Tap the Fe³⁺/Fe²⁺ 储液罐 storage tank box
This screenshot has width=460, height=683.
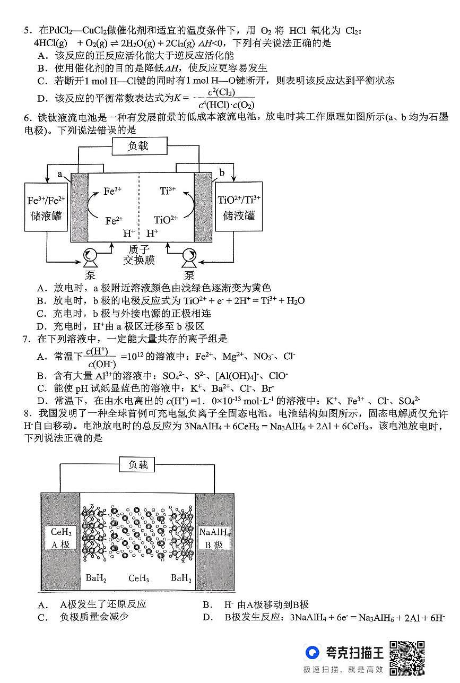point(46,208)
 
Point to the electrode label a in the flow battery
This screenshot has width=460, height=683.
point(60,174)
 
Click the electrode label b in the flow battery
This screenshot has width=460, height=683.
point(222,173)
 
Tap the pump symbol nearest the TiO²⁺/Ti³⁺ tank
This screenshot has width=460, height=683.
point(189,258)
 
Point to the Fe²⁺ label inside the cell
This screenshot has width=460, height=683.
point(114,220)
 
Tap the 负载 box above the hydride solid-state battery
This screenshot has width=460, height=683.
point(138,465)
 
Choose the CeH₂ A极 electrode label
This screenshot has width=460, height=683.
point(60,538)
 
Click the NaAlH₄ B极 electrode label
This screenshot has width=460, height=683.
point(214,538)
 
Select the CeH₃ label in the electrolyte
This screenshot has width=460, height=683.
point(138,578)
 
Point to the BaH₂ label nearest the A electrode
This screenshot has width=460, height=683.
point(96,578)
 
